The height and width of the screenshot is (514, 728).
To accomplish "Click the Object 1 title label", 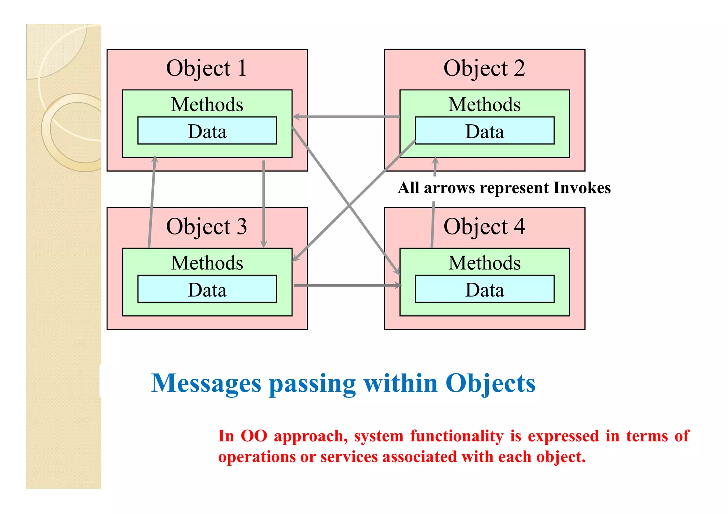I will (x=207, y=68).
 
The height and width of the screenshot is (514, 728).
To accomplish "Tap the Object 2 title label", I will (x=484, y=68).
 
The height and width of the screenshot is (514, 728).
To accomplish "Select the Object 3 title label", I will (x=207, y=227).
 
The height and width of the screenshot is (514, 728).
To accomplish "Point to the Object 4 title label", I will (x=484, y=227).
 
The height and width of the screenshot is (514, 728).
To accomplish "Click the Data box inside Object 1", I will (x=207, y=131).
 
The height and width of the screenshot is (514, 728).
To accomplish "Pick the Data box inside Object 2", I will (x=485, y=131).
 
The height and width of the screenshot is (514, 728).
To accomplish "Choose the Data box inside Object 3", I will (x=207, y=290).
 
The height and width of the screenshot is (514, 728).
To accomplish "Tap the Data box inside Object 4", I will (x=485, y=290).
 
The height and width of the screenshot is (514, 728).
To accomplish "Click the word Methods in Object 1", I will (x=207, y=104).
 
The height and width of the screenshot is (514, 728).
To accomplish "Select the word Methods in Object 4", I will (x=485, y=263).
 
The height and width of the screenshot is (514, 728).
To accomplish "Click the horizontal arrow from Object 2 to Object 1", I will (x=347, y=117).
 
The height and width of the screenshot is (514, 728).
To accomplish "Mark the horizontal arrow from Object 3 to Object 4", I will (x=347, y=285).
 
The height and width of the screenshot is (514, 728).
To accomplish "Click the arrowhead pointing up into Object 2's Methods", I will (x=435, y=161).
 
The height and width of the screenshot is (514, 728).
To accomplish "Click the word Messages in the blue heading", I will (x=207, y=384).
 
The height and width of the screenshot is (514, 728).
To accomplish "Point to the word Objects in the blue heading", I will (x=490, y=384).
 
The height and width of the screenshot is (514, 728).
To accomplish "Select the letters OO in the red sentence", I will (x=254, y=436).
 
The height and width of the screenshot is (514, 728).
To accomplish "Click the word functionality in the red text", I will (x=457, y=436).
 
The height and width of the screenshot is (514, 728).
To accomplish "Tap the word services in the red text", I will (x=349, y=457).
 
